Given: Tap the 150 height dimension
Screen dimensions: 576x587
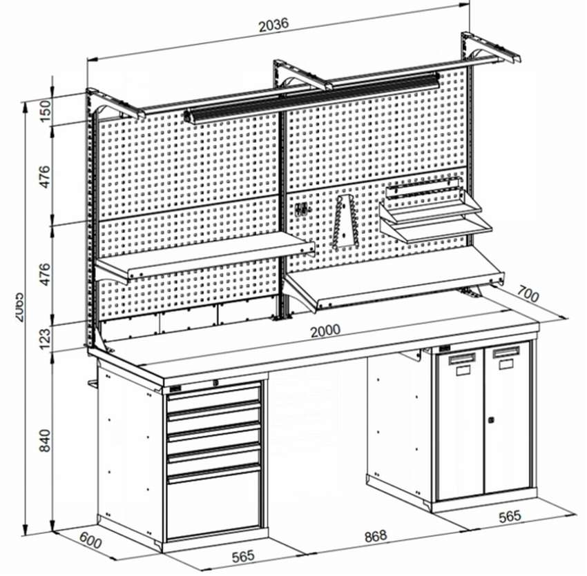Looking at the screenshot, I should pyautogui.click(x=46, y=109).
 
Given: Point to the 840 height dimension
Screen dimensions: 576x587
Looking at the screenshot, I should pyautogui.click(x=46, y=439).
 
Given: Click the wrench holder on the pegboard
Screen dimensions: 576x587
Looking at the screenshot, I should pyautogui.click(x=345, y=221).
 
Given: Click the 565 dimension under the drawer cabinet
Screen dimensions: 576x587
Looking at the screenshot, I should pyautogui.click(x=242, y=555).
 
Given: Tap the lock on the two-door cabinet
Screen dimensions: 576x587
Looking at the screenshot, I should pyautogui.click(x=490, y=419).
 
